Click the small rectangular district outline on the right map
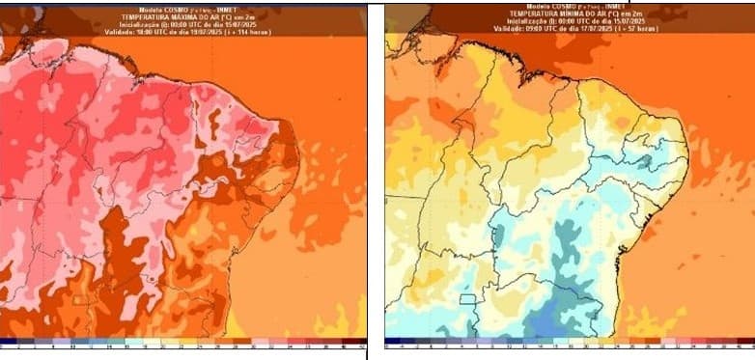(x=468, y=299)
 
